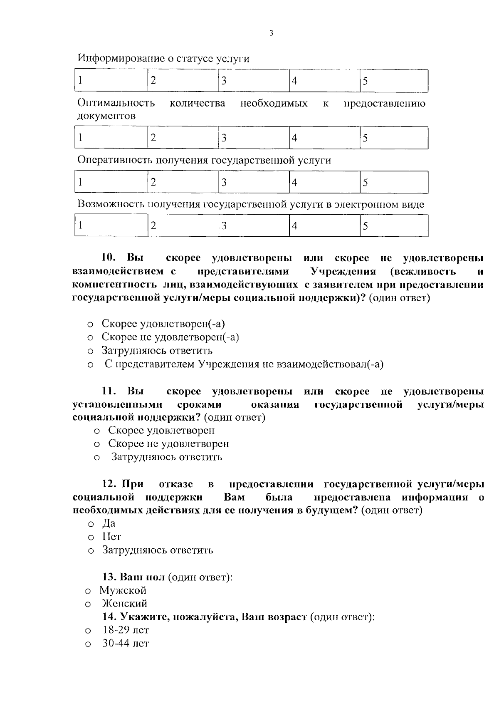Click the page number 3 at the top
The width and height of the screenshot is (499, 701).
point(271,34)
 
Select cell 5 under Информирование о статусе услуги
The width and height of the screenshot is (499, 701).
point(393,81)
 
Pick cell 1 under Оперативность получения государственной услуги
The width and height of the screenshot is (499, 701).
point(111,182)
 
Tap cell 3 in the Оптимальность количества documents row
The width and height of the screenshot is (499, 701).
point(254,138)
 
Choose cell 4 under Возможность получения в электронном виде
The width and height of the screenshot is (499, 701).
point(324,225)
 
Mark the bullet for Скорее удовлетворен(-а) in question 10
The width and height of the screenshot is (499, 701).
point(90,324)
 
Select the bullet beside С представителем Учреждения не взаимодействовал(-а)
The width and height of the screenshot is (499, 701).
point(90,365)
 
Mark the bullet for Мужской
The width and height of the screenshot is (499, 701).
point(88,591)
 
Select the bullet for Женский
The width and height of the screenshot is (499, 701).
point(88,604)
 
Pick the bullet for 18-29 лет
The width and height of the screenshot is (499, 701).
point(88,631)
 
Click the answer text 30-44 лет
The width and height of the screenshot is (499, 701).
point(126,644)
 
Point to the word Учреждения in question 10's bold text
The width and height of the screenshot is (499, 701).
point(343,272)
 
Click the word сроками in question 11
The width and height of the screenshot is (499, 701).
point(199,405)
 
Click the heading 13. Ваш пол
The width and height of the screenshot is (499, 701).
point(134,577)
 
